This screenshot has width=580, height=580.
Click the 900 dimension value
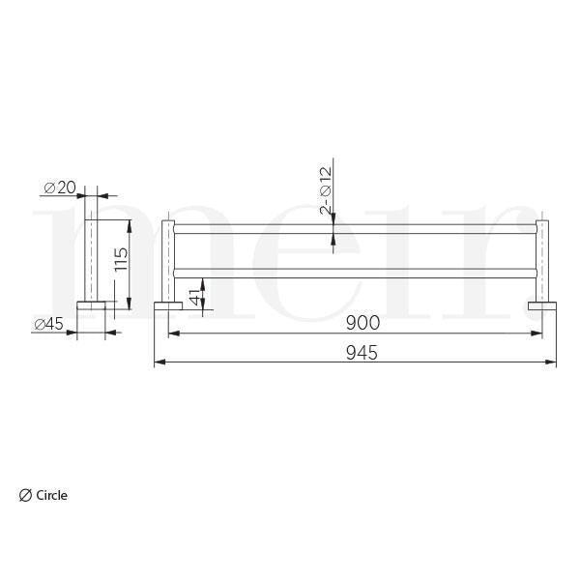[x=362, y=323]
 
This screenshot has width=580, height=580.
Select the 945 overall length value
[x=362, y=352]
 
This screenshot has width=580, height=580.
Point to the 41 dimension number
[x=195, y=297]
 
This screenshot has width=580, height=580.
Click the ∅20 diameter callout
[x=60, y=188]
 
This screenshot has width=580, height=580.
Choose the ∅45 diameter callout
[x=49, y=325]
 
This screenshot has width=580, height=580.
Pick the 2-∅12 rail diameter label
[x=326, y=190]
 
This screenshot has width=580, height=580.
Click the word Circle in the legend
[x=52, y=495]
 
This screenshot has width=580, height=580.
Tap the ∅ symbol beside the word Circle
[x=25, y=495]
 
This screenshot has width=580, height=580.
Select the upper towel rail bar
[x=355, y=229]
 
